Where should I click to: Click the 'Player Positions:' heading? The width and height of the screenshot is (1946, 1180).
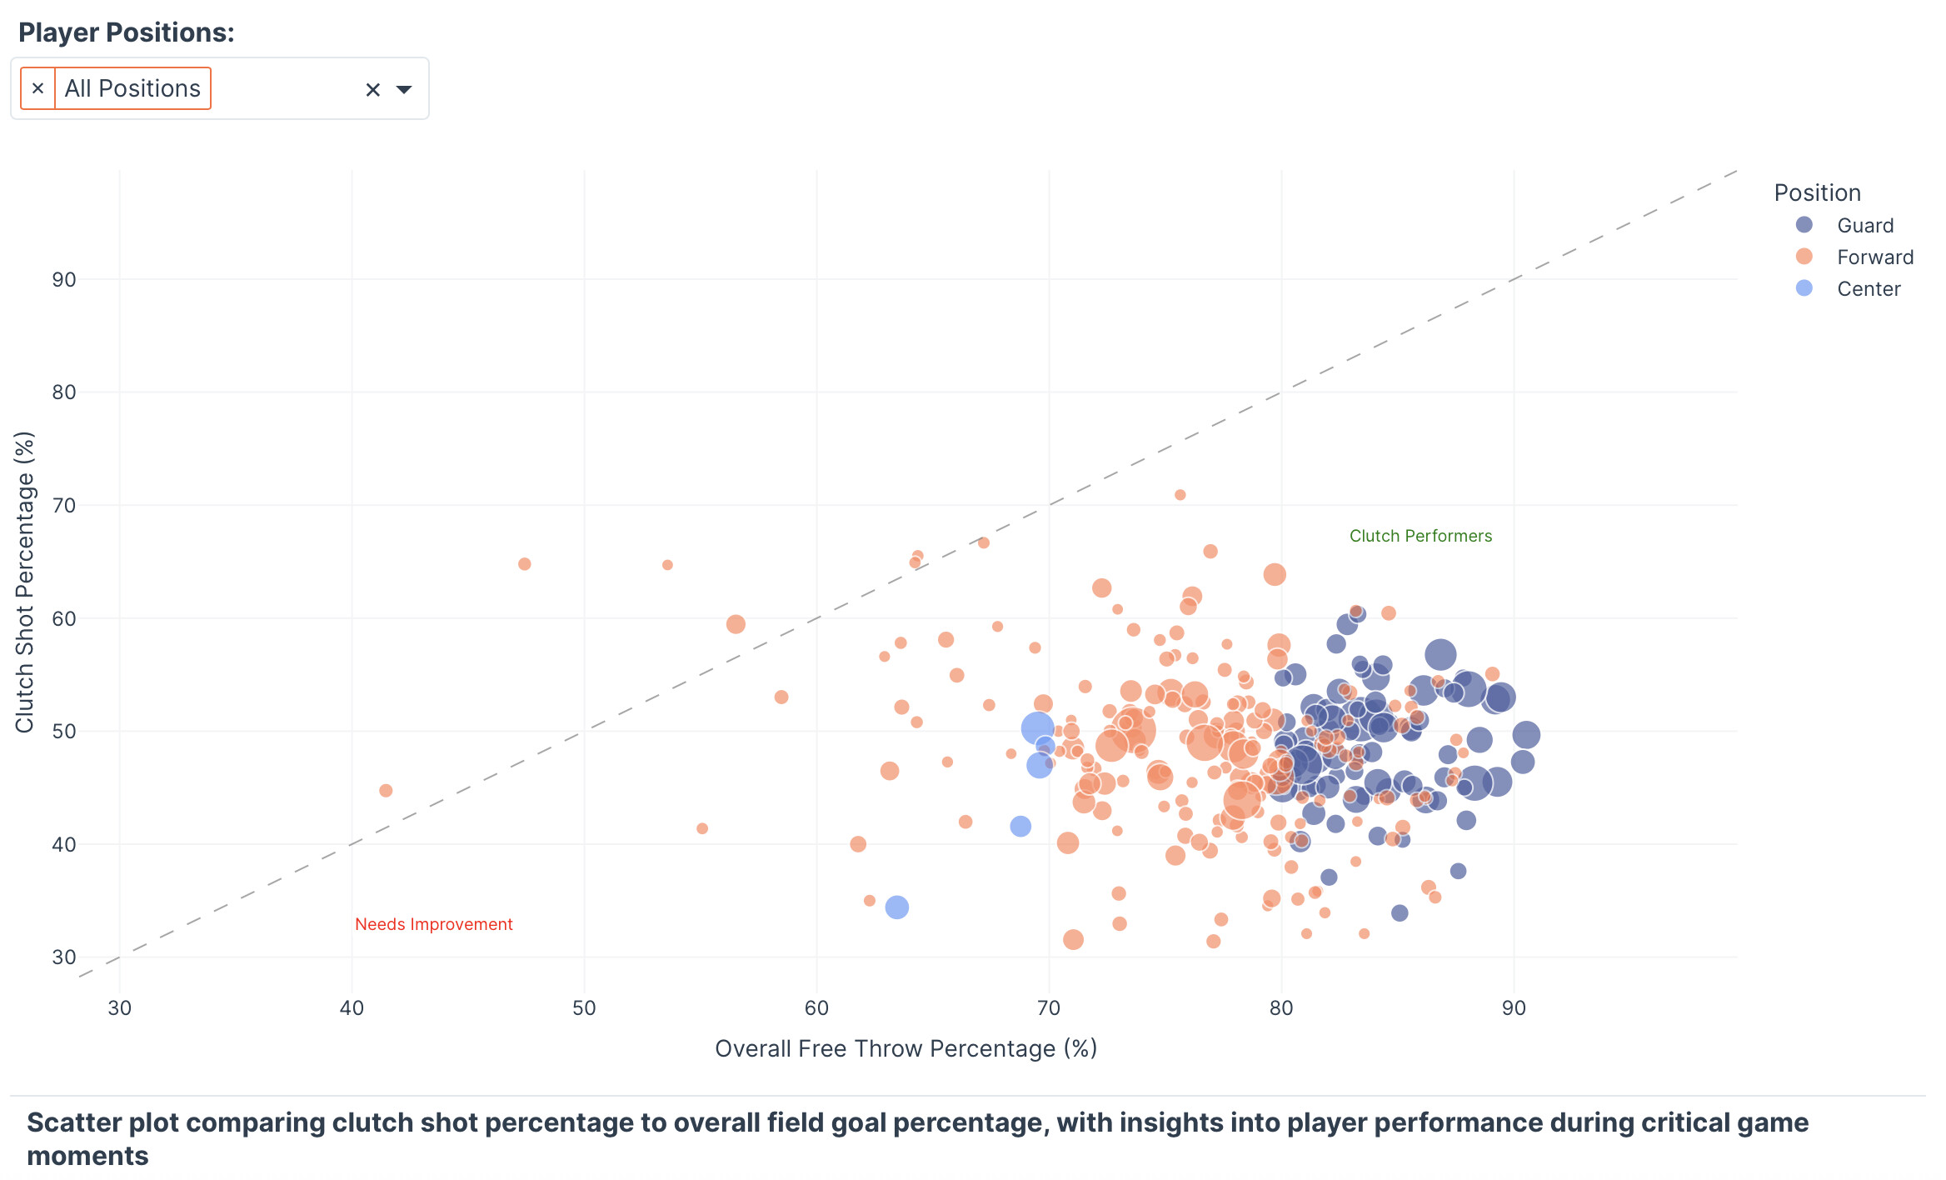pyautogui.click(x=127, y=32)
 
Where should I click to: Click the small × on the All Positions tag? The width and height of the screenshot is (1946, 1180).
pyautogui.click(x=37, y=88)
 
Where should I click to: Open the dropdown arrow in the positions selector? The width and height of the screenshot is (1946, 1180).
pyautogui.click(x=404, y=89)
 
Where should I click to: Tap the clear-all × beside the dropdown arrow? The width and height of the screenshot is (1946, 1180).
pyautogui.click(x=372, y=90)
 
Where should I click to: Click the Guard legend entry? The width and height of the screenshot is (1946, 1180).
pyautogui.click(x=1864, y=226)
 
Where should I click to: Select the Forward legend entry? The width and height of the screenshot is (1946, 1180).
pyautogui.click(x=1874, y=257)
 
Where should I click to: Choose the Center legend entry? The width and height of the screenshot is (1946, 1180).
pyautogui.click(x=1868, y=289)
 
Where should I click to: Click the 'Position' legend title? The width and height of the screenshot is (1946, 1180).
pyautogui.click(x=1817, y=193)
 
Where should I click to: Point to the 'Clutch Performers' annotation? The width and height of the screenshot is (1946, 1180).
pyautogui.click(x=1420, y=536)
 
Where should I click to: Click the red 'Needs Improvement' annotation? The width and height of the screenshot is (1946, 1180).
pyautogui.click(x=433, y=924)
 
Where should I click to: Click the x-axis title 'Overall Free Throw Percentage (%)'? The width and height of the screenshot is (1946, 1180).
pyautogui.click(x=906, y=1048)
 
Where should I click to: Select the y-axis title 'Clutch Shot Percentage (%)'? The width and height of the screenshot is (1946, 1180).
pyautogui.click(x=25, y=582)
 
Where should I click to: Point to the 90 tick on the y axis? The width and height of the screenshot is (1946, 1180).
pyautogui.click(x=64, y=280)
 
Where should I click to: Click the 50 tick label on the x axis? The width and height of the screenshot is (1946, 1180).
pyautogui.click(x=584, y=1008)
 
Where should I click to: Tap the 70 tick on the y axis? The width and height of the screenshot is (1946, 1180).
pyautogui.click(x=64, y=506)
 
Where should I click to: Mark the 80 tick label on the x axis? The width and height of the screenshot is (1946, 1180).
pyautogui.click(x=1281, y=1008)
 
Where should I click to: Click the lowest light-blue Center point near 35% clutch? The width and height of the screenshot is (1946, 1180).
pyautogui.click(x=896, y=907)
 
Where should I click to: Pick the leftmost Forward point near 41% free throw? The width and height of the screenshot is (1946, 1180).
pyautogui.click(x=386, y=790)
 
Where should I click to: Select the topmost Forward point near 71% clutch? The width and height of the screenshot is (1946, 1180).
pyautogui.click(x=1180, y=495)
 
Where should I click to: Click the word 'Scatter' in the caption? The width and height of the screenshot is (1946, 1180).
pyautogui.click(x=74, y=1122)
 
